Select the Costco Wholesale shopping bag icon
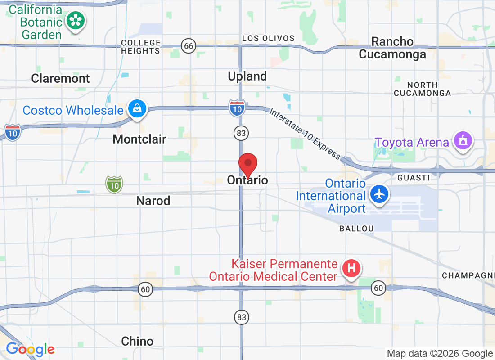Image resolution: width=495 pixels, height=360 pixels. click(x=137, y=109)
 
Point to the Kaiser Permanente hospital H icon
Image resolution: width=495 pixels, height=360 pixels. click(x=351, y=269)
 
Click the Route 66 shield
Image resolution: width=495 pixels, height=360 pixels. click(x=189, y=45)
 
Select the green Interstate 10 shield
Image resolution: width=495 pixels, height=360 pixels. click(x=114, y=184)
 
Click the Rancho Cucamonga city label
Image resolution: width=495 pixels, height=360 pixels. click(x=392, y=48)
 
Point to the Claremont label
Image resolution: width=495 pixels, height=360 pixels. click(x=60, y=78)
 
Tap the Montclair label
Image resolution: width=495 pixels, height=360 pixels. click(x=139, y=139)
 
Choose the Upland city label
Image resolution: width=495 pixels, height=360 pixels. click(x=247, y=76)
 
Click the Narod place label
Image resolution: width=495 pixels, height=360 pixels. click(x=153, y=201)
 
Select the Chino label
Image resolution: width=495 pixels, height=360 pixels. click(x=137, y=341)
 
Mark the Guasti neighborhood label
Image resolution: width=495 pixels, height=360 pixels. click(x=414, y=178)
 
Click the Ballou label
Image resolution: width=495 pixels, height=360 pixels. click(x=356, y=229)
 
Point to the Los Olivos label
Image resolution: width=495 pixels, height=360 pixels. click(x=268, y=39)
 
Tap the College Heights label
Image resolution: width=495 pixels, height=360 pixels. click(x=141, y=47)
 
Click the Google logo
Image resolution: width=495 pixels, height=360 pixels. click(x=30, y=349)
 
